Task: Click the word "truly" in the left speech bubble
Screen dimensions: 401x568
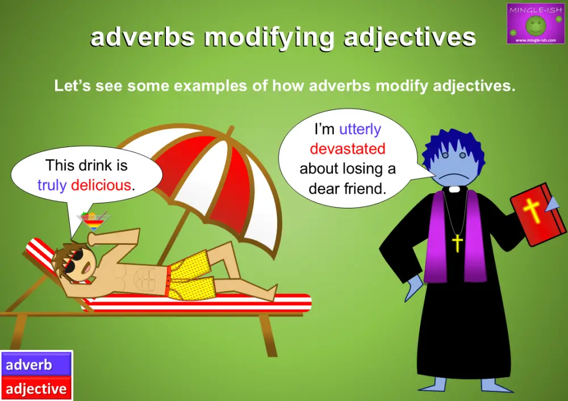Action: tap(52, 185)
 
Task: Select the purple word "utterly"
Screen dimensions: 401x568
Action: tap(360, 130)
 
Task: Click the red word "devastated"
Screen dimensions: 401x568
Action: tap(348, 149)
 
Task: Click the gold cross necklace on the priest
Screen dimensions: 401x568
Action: tap(457, 243)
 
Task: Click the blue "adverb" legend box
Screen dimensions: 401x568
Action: tap(36, 365)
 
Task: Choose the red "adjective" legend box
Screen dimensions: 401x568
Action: tap(36, 389)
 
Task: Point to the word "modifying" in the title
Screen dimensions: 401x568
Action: tap(270, 38)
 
